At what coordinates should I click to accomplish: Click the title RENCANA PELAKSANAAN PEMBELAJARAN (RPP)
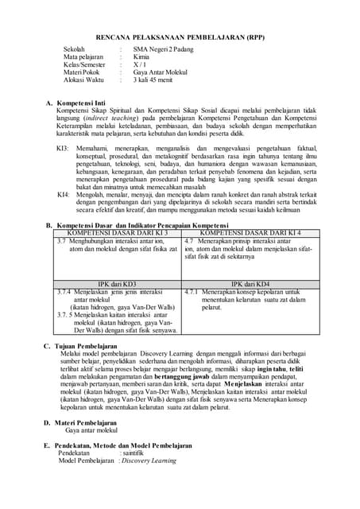[180, 37]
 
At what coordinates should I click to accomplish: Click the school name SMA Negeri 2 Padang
[162, 49]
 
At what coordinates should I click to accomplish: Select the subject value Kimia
[141, 57]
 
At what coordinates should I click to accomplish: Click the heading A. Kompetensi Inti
[79, 104]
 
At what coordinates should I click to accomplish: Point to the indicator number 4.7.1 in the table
[192, 292]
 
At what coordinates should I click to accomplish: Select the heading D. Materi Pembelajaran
[85, 422]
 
